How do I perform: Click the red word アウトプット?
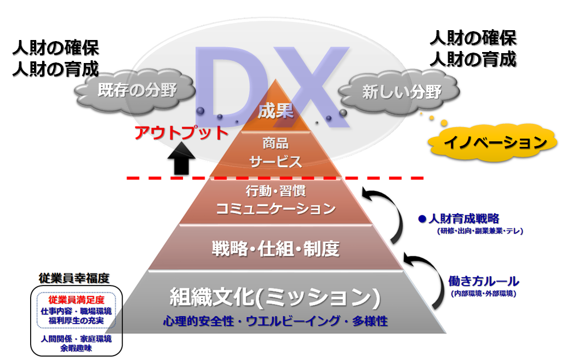[x=181, y=133]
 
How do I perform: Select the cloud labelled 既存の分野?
[x=137, y=90]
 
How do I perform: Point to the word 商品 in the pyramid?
[x=276, y=144]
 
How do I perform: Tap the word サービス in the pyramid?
[x=276, y=162]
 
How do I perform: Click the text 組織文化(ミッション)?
[x=274, y=297]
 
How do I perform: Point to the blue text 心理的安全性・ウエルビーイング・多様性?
[x=275, y=321]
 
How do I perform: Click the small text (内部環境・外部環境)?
[x=482, y=294]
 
